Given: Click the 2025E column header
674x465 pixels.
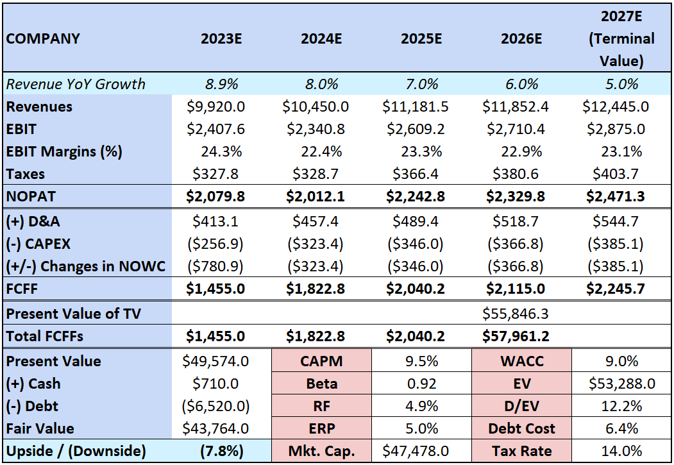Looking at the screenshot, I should tap(421, 38).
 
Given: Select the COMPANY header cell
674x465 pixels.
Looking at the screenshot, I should tap(44, 38).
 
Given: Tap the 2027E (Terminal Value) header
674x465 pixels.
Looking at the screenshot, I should tap(621, 38).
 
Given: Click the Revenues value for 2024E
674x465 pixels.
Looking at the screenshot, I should tap(321, 106).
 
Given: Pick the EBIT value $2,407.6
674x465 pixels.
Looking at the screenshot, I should tap(221, 129).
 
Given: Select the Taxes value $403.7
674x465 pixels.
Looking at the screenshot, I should tap(621, 174).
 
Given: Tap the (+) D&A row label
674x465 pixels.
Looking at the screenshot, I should tap(34, 222).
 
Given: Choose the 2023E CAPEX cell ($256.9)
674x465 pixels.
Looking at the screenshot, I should tap(221, 244).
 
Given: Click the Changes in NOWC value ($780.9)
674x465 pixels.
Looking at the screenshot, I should tap(221, 267).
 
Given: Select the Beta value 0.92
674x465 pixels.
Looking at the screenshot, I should tap(421, 384).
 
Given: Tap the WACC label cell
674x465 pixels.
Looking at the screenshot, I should tap(521, 361).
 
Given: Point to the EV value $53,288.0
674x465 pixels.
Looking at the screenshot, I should tap(621, 384).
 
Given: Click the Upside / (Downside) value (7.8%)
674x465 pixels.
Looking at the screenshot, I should tap(221, 451).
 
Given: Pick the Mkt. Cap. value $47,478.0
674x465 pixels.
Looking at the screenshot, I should tap(421, 451).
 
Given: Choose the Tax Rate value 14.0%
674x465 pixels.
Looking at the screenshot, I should tap(621, 451).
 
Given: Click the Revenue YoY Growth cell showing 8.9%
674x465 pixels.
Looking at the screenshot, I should tap(221, 84).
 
